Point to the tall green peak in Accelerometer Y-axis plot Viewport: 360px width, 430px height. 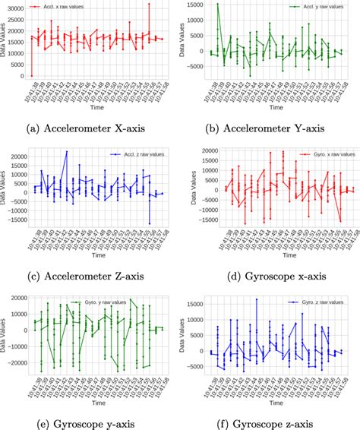coord(217,5)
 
